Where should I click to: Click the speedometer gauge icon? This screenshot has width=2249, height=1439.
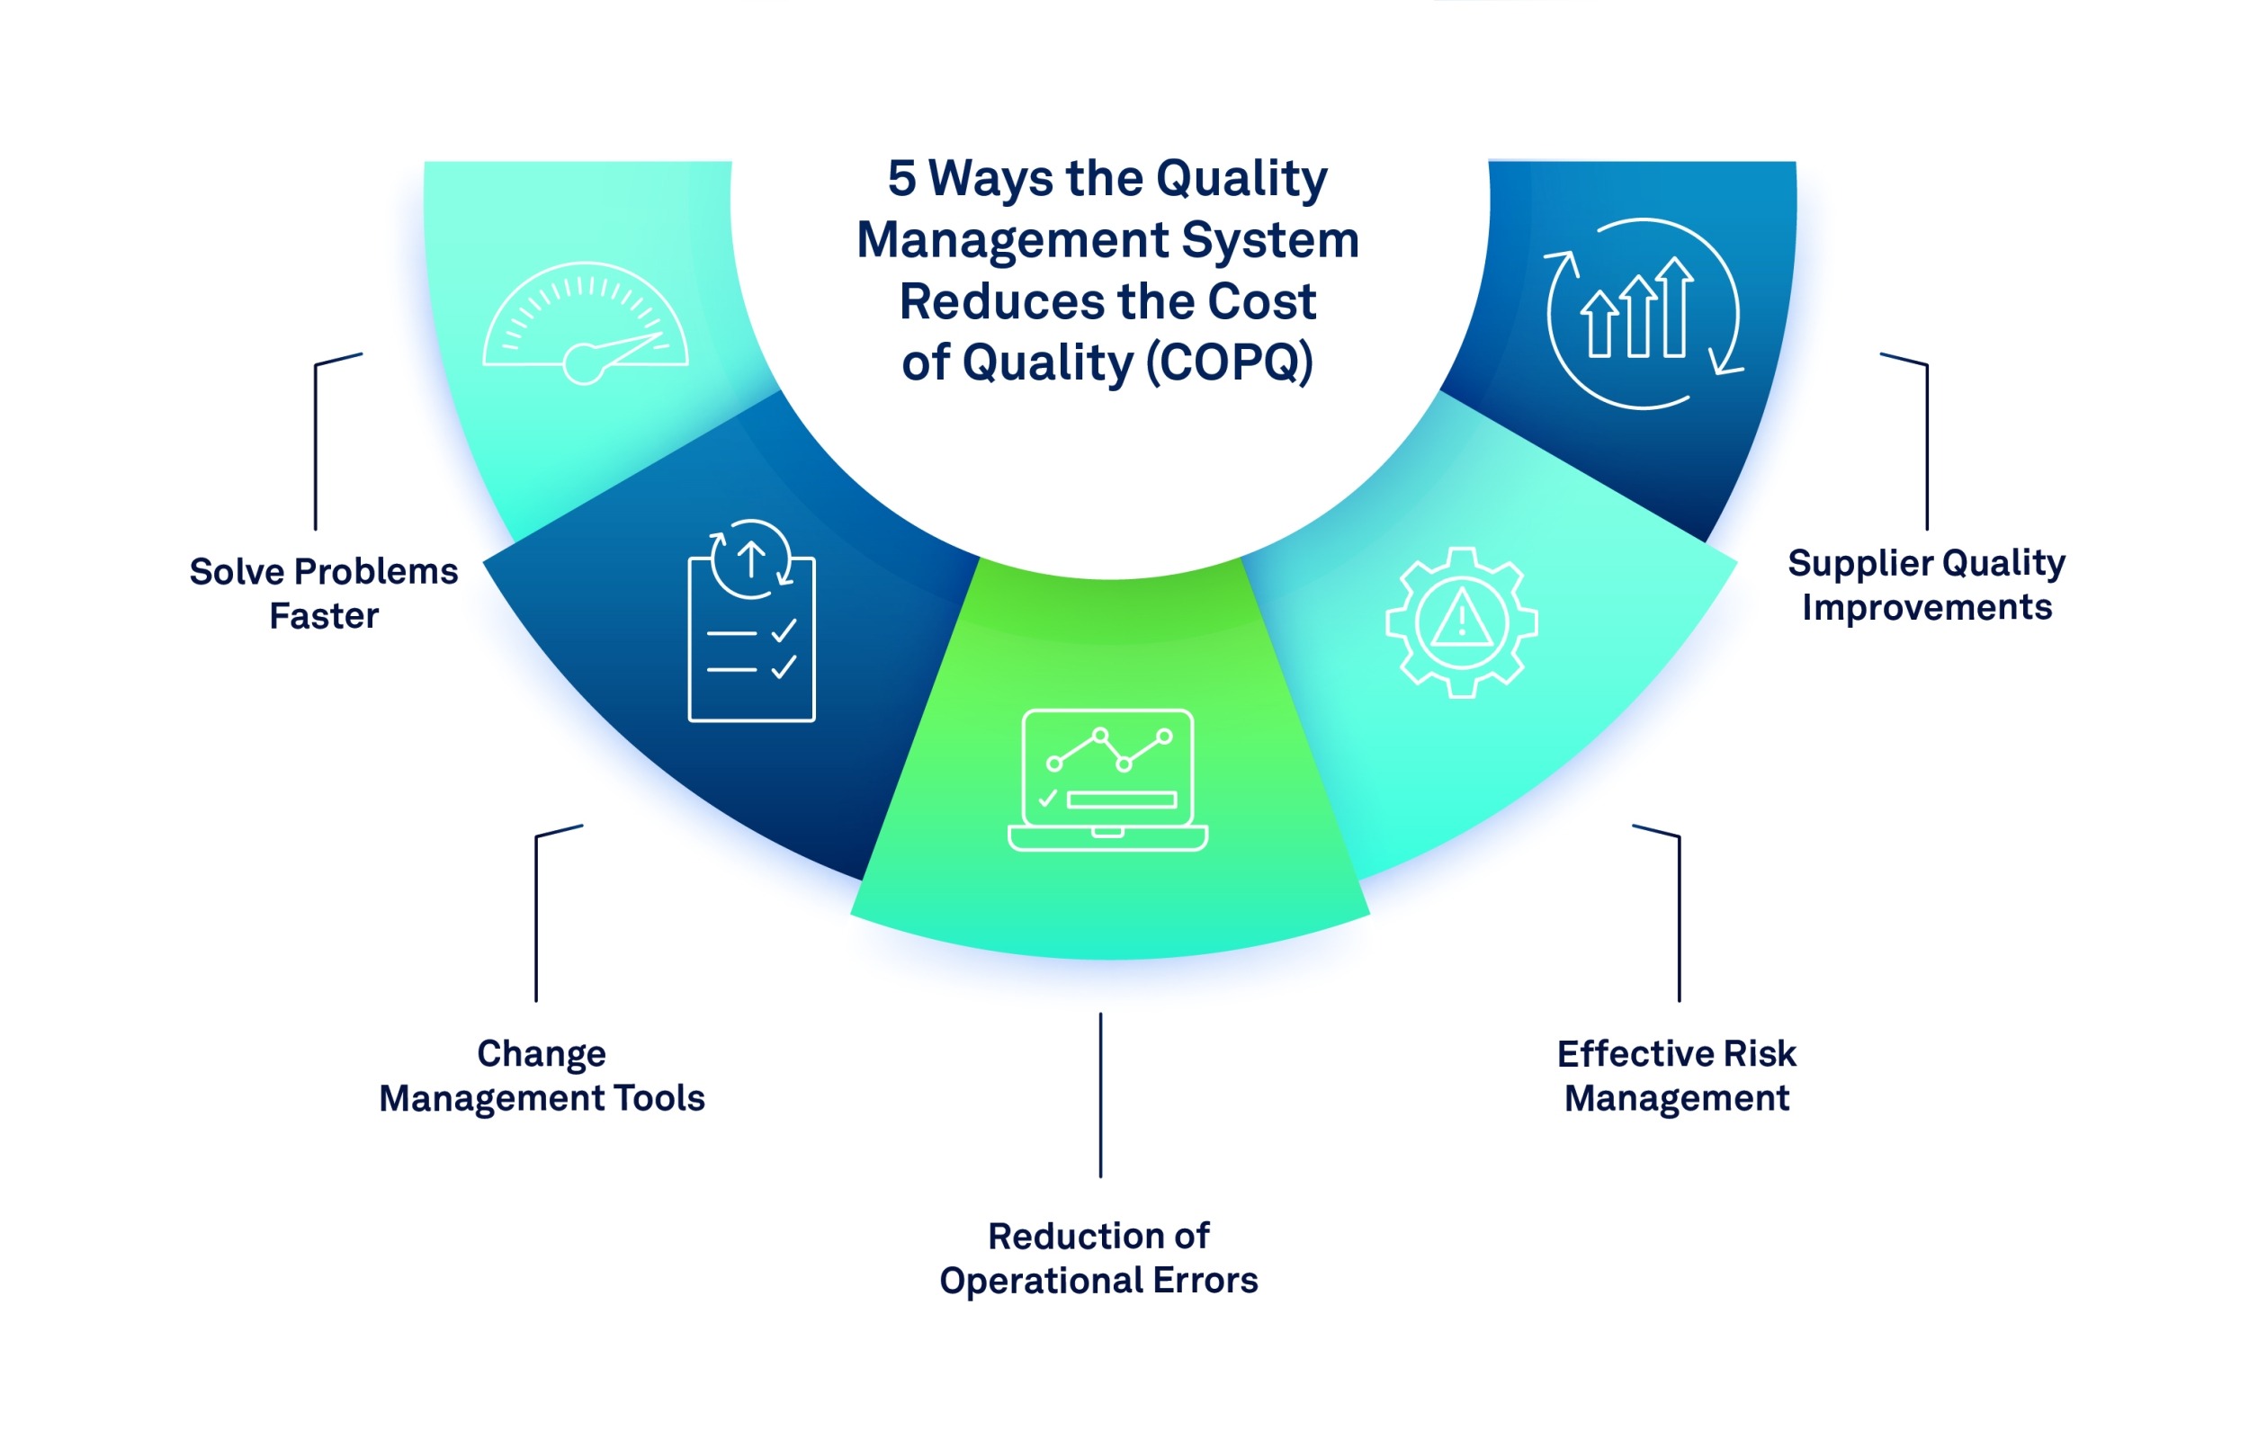pyautogui.click(x=585, y=322)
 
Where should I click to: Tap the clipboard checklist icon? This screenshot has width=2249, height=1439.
pyautogui.click(x=751, y=622)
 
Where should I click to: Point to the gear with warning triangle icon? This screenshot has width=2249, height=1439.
pyautogui.click(x=1461, y=622)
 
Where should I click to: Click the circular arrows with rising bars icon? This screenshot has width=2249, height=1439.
pyautogui.click(x=1643, y=314)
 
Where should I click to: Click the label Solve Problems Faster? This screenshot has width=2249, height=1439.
pyautogui.click(x=323, y=594)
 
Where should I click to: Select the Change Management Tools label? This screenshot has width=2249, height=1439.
pyautogui.click(x=542, y=1076)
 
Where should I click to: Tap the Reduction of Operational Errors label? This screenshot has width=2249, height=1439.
pyautogui.click(x=1098, y=1257)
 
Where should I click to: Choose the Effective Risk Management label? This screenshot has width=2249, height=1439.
pyautogui.click(x=1676, y=1076)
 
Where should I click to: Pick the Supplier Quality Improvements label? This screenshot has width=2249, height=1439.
pyautogui.click(x=1927, y=585)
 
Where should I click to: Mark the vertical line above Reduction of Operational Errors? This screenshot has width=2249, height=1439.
pyautogui.click(x=1101, y=1095)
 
